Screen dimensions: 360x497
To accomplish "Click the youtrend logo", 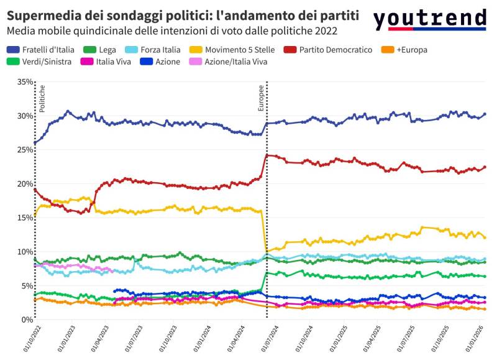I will click(429, 19).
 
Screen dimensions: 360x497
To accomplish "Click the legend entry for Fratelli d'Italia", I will click(41, 49).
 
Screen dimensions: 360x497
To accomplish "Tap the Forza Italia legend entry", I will click(158, 49).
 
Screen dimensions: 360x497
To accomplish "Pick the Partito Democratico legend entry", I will click(334, 49).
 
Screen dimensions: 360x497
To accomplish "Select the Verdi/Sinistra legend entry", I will click(43, 62).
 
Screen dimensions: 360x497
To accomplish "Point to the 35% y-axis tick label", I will click(25, 82).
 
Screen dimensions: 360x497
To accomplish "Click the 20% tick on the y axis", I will click(25, 184).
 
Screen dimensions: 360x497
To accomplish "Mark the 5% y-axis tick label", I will click(27, 286).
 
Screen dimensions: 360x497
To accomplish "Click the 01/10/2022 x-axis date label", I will click(27, 340).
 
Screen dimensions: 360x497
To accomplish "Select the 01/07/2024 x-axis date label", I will click(268, 340).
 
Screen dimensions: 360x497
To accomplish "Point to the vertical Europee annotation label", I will click(262, 99).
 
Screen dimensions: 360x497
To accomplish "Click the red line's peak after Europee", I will click(267, 155).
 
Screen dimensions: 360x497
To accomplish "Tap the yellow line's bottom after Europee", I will click(267, 252).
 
